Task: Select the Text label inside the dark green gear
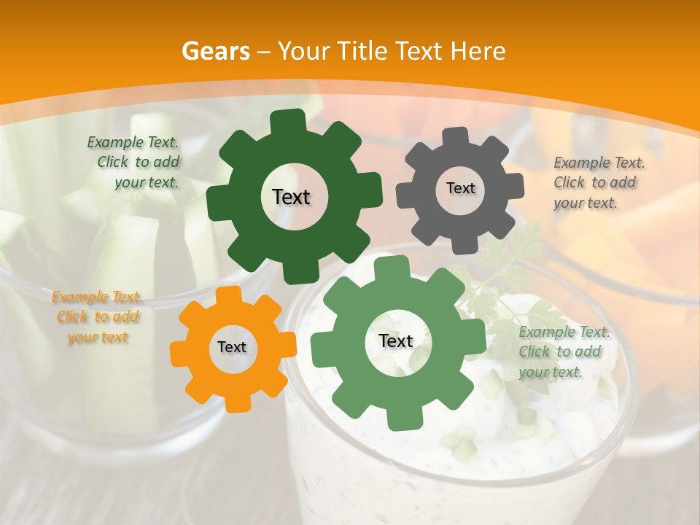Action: pyautogui.click(x=291, y=197)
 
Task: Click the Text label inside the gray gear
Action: pyautogui.click(x=460, y=188)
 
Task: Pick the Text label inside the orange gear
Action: pyautogui.click(x=232, y=347)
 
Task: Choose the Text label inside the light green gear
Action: pyautogui.click(x=396, y=341)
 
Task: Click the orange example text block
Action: pyautogui.click(x=98, y=317)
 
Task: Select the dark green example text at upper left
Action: pyautogui.click(x=135, y=163)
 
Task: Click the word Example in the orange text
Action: pyautogui.click(x=77, y=297)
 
